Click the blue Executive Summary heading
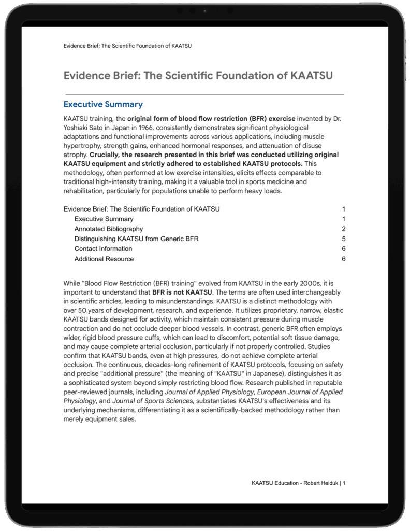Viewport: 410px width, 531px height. click(103, 104)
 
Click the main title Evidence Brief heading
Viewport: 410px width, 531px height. click(198, 76)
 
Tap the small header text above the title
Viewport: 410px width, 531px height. click(127, 46)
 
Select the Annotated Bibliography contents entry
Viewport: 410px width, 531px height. click(108, 229)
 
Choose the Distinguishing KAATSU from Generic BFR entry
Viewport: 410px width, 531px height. click(136, 239)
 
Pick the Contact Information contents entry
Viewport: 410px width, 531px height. click(103, 249)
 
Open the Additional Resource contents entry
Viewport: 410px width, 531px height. click(104, 259)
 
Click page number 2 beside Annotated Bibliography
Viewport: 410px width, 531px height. click(343, 229)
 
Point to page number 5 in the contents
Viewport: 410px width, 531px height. click(343, 239)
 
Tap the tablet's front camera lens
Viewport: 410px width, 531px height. click(205, 10)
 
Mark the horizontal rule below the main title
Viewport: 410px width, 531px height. click(203, 94)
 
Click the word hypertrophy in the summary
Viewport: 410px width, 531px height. click(81, 146)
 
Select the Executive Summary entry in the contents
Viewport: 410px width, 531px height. click(104, 219)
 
